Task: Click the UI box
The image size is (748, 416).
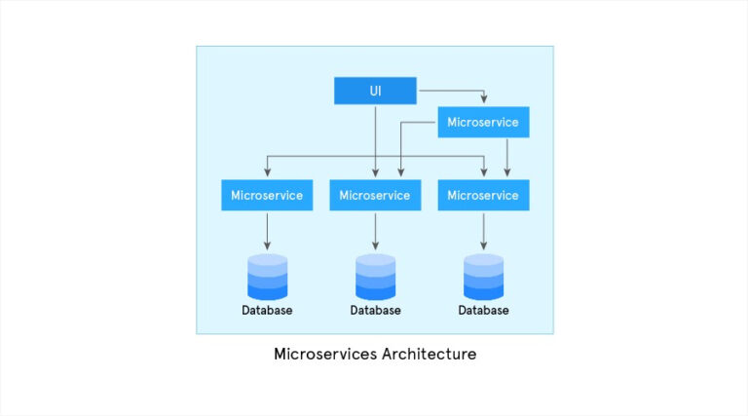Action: pos(375,91)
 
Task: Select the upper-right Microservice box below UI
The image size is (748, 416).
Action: pos(483,122)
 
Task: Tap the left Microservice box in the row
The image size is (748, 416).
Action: pos(267,195)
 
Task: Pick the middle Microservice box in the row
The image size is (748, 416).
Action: pos(375,195)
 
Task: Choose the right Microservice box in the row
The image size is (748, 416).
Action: pos(483,195)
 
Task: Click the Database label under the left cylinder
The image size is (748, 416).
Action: pos(267,311)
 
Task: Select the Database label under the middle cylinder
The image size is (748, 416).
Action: pos(375,311)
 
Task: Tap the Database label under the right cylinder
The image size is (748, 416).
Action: pos(483,311)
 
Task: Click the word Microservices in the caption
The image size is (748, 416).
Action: pos(321,354)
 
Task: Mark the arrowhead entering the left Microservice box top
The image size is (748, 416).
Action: pos(267,174)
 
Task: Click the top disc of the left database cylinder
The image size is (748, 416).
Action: pos(267,259)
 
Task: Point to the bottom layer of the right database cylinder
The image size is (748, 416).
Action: pos(483,292)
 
